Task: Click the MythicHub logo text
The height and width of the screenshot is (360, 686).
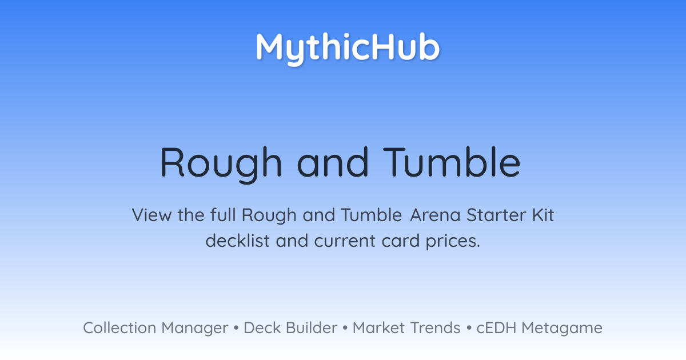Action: (x=348, y=48)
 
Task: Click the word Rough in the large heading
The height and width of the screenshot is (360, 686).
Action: (x=221, y=165)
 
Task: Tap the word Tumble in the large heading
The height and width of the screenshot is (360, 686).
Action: (x=452, y=162)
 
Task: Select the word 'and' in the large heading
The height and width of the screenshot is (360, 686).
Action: (x=333, y=162)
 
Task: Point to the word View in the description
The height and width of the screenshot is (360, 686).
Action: (x=151, y=215)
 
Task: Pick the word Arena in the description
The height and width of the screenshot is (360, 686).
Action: (x=435, y=215)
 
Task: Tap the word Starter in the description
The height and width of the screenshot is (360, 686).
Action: (x=496, y=215)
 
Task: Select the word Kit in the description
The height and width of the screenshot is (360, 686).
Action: (x=543, y=215)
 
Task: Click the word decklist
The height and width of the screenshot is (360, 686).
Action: (x=238, y=241)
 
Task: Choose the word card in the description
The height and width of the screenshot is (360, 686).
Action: (x=401, y=241)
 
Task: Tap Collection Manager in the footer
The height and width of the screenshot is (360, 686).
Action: (x=155, y=328)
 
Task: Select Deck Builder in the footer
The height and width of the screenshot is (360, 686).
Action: (x=290, y=327)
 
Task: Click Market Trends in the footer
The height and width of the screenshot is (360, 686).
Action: (x=406, y=327)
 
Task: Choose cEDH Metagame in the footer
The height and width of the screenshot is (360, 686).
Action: (x=539, y=328)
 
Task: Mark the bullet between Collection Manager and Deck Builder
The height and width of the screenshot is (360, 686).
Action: (x=236, y=328)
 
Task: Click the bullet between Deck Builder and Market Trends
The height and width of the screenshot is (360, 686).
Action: (x=345, y=328)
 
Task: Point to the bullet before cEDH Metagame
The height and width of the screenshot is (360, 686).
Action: (x=469, y=328)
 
